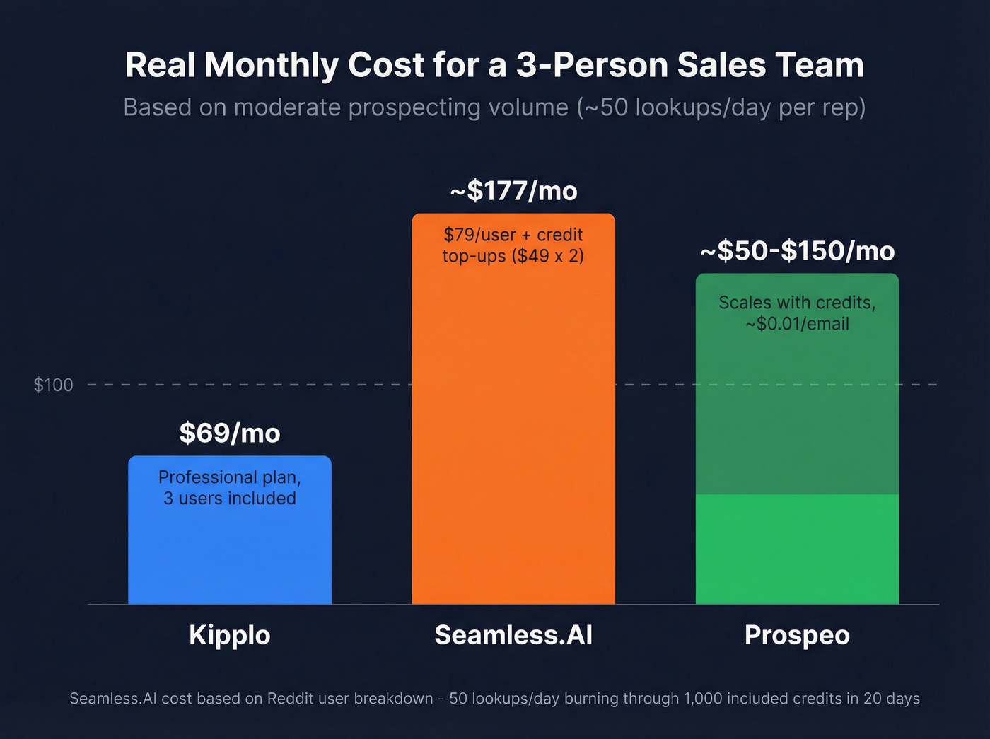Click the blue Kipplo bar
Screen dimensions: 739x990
pos(229,552)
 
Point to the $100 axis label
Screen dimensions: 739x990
pos(54,385)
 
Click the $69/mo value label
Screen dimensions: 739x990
pos(230,433)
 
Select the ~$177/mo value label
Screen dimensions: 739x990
pos(514,191)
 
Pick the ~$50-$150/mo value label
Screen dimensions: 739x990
pos(798,251)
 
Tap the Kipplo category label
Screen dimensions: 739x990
pos(229,635)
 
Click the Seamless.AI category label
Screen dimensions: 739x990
pos(513,635)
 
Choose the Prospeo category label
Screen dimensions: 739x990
pos(797,635)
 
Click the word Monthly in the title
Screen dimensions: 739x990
pos(272,66)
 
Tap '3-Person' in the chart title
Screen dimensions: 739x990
pos(591,65)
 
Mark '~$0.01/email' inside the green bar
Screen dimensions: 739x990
pos(797,324)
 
